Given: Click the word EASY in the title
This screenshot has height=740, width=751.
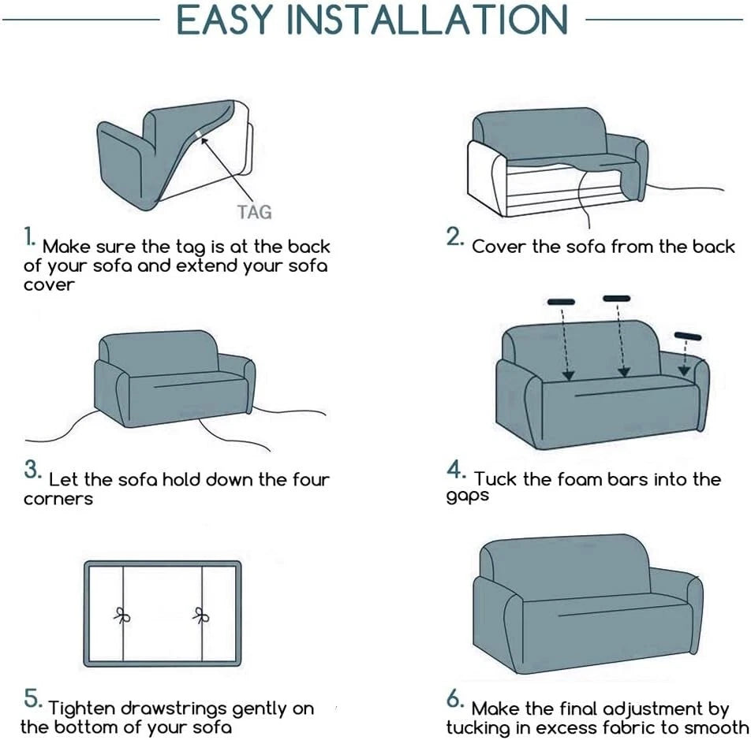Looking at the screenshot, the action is pos(225,20).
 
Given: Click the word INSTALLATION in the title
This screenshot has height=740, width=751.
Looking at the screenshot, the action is pos(428,20).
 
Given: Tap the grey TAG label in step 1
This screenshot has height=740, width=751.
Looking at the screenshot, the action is pos(254,212).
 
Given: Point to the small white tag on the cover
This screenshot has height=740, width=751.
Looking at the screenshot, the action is pos(199,133).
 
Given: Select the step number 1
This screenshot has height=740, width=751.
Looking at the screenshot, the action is pos(29,236).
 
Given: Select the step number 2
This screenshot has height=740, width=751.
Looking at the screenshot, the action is pos(454,236).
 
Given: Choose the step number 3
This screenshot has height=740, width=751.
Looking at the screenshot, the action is pos(32,470).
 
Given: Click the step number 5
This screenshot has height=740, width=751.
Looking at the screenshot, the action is pos(32,698).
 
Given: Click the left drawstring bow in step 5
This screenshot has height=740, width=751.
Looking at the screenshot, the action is pos(122,615).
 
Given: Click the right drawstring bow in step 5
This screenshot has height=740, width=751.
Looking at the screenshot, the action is pos(201,615).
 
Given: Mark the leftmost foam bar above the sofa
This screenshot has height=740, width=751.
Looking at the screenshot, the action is pos(561,302).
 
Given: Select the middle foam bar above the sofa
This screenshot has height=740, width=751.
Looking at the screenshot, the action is pos(616,299).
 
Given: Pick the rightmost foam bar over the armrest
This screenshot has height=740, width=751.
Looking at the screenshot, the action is pos(688,336).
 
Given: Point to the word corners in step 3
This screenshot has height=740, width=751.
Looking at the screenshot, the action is pos(58,499).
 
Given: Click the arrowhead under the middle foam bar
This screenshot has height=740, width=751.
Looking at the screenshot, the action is pos(623,371).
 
